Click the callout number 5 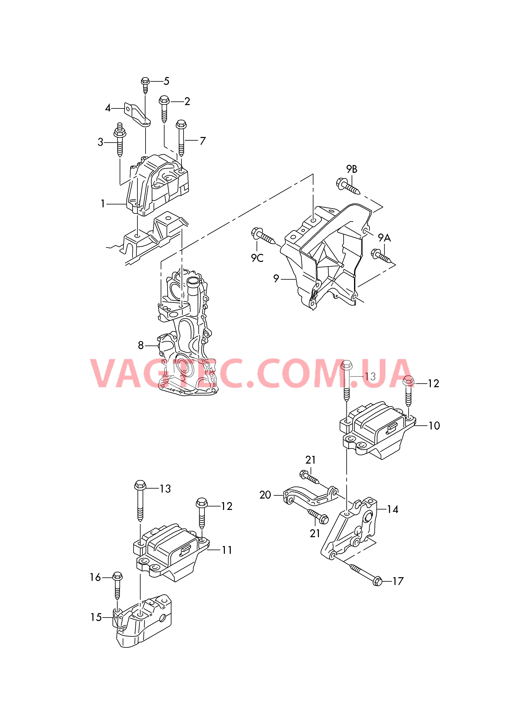pos(167,81)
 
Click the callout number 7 pos(203,141)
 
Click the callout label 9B pos(352,169)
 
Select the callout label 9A pos(384,238)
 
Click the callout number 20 pos(265,495)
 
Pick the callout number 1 pos(103,204)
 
